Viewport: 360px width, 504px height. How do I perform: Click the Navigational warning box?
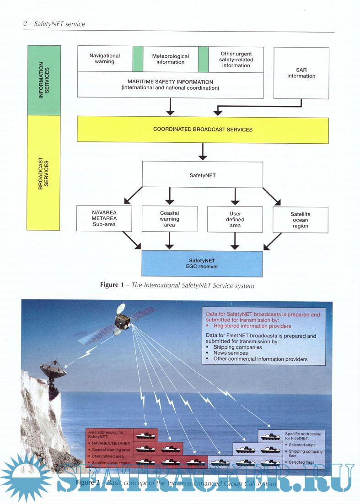[x=105, y=59]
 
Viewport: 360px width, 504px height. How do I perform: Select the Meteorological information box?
[x=170, y=59]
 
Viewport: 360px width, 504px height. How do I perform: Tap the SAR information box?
[x=301, y=73]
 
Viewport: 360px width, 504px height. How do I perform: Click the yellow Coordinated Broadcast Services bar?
[x=203, y=130]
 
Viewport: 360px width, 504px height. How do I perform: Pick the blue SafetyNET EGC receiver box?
[x=202, y=264]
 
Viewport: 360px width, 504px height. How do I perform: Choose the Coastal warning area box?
[x=170, y=219]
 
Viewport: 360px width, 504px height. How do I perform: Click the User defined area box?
[x=235, y=219]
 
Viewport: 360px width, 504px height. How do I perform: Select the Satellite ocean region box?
[x=301, y=220]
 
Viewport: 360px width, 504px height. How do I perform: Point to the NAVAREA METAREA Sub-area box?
[x=105, y=218]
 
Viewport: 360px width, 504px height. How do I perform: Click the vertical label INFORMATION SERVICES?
[x=44, y=80]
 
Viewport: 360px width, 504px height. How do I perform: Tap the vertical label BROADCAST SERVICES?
[x=44, y=173]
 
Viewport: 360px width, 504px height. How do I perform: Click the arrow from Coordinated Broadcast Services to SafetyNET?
[x=202, y=152]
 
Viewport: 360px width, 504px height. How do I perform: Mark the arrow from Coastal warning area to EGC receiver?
[x=170, y=240]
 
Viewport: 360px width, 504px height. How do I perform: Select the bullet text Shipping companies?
[x=237, y=347]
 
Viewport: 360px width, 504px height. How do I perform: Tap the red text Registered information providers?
[x=252, y=326]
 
